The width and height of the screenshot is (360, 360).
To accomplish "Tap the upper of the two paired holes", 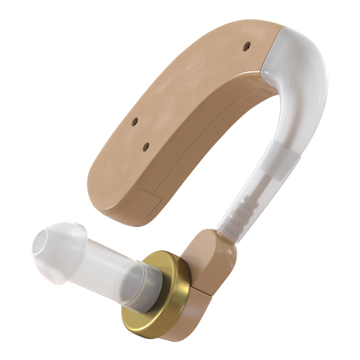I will [x=135, y=122].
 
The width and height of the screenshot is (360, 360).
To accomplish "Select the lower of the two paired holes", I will [x=146, y=147].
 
